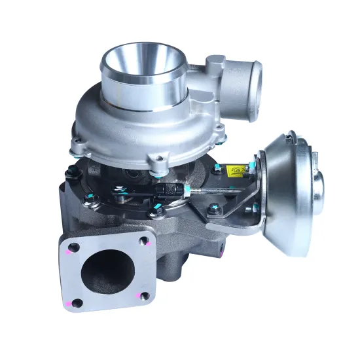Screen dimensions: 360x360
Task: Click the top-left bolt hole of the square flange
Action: click(x=73, y=248)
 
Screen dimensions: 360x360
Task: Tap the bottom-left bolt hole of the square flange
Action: click(x=77, y=303)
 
